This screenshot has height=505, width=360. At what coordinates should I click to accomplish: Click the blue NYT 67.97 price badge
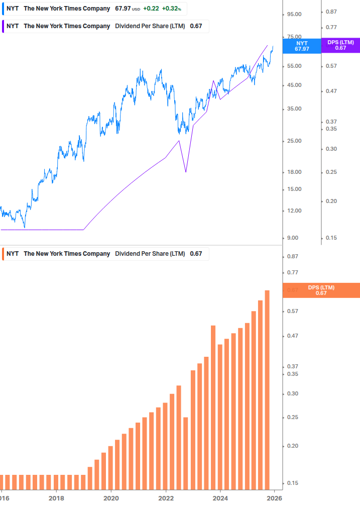(x=301, y=46)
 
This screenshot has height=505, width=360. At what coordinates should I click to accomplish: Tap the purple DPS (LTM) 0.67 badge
(x=340, y=45)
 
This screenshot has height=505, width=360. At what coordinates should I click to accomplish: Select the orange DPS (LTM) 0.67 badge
(x=321, y=290)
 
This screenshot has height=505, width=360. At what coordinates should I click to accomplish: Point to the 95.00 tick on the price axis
(x=294, y=14)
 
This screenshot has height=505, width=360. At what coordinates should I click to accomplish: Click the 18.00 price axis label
(x=294, y=172)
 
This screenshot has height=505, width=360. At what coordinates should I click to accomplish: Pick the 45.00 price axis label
(x=294, y=85)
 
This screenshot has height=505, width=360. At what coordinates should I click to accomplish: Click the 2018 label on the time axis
(x=56, y=498)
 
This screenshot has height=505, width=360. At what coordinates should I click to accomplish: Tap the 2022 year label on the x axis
(x=165, y=498)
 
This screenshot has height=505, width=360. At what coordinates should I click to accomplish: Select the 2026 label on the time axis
(x=274, y=498)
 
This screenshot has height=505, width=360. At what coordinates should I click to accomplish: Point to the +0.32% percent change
(x=171, y=9)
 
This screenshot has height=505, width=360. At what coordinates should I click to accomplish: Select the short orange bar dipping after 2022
(x=185, y=452)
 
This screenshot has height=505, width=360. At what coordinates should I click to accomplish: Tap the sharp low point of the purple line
(x=186, y=172)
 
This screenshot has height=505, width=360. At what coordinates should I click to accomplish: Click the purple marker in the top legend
(x=3, y=26)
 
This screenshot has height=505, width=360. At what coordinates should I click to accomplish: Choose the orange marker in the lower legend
(x=3, y=254)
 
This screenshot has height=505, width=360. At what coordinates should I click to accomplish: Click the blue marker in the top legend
(x=3, y=9)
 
